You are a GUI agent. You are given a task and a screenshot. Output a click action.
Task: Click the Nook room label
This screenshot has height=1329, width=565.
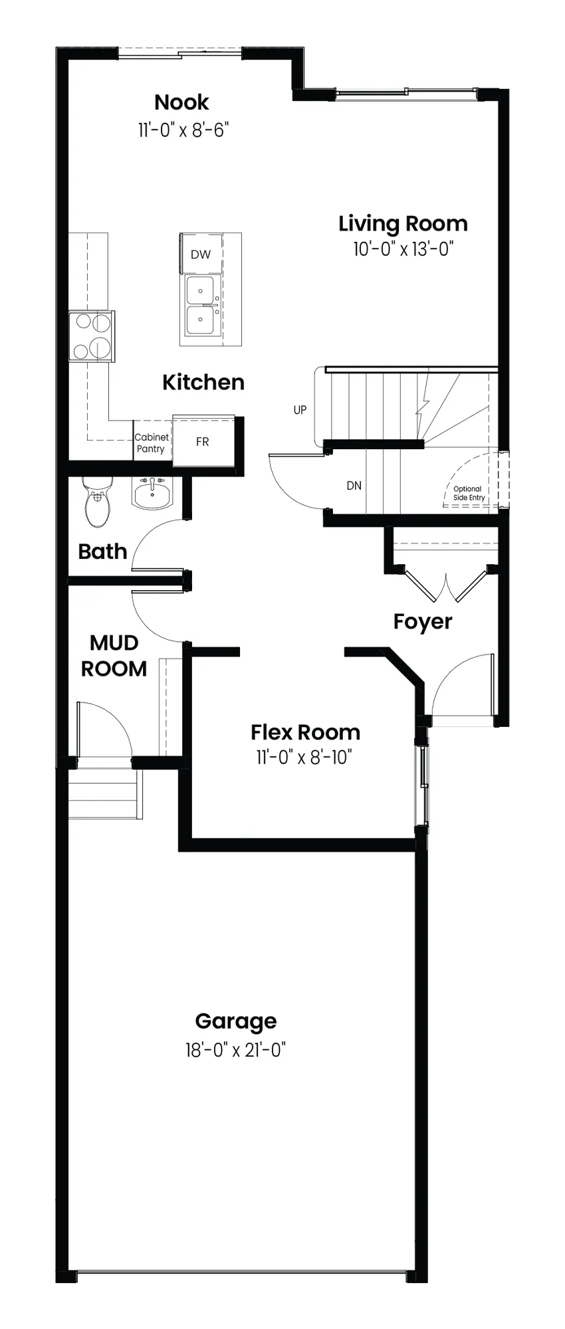pyautogui.click(x=181, y=102)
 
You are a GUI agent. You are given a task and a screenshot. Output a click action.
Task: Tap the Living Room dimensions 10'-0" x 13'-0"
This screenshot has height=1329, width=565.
pyautogui.click(x=403, y=249)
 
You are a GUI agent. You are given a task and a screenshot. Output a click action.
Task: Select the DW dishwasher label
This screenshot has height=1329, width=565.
pyautogui.click(x=201, y=255)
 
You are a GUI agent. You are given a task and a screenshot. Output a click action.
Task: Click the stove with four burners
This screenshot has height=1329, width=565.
pyautogui.click(x=92, y=337)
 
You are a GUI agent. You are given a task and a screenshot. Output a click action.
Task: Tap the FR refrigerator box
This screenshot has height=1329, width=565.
pyautogui.click(x=203, y=441)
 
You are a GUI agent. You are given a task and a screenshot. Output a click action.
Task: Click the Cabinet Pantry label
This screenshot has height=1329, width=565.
pyautogui.click(x=152, y=443)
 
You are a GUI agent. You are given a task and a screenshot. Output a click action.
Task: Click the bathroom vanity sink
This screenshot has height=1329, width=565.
pyautogui.click(x=152, y=494)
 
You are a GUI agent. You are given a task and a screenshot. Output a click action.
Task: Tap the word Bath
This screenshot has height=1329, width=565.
pyautogui.click(x=102, y=552)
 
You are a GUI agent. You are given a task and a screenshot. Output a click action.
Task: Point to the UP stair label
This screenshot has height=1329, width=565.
pyautogui.click(x=300, y=410)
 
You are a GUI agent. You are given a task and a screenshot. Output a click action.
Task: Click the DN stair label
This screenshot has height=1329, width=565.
pyautogui.click(x=354, y=486)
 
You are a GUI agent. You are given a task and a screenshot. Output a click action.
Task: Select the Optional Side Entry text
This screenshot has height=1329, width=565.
pyautogui.click(x=469, y=493)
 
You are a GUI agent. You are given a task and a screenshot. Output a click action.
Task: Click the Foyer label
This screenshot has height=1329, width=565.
pyautogui.click(x=423, y=622)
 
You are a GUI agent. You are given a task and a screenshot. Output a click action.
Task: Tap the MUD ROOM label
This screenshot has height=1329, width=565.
pyautogui.click(x=114, y=656)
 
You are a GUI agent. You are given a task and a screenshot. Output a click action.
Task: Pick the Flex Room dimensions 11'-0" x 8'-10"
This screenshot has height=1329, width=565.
pyautogui.click(x=304, y=758)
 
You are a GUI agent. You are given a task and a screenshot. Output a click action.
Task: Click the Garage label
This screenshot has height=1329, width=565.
pyautogui.click(x=236, y=1021)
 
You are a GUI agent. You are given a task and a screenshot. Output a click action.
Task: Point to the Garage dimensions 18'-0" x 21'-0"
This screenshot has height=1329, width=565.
pyautogui.click(x=236, y=1050)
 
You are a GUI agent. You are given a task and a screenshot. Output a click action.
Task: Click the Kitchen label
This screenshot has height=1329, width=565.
pyautogui.click(x=203, y=382)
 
